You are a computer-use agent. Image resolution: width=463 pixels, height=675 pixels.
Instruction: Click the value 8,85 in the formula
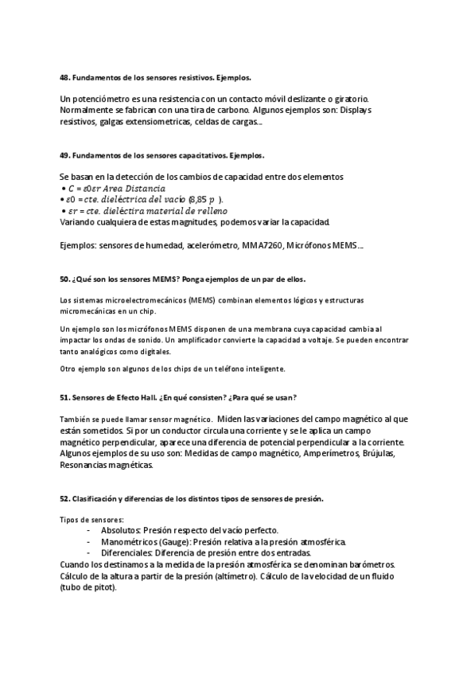(x=200, y=199)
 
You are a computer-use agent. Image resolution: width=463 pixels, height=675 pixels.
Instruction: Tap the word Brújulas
(x=380, y=454)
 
